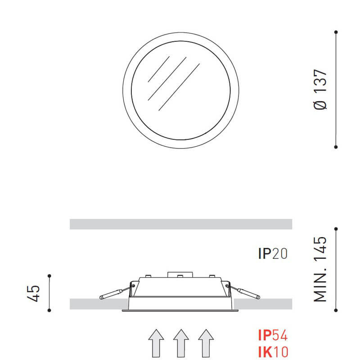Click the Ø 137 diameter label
tap(321, 90)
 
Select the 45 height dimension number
tap(34, 293)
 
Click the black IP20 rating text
tap(273, 254)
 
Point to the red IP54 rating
tap(273, 336)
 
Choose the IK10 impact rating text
tap(273, 351)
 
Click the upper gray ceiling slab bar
tap(181, 224)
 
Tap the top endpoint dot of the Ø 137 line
tap(336, 32)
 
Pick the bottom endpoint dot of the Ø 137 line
tap(336, 147)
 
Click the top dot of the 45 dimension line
tap(49, 275)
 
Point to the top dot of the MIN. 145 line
tap(336, 228)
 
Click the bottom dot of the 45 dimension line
tap(49, 310)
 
